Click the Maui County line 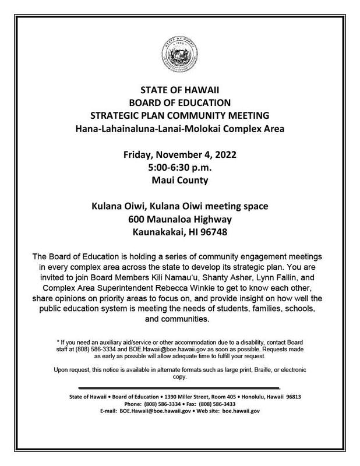coord(180,181)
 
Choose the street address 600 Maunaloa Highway coord(180,220)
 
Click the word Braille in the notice coord(272,370)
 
